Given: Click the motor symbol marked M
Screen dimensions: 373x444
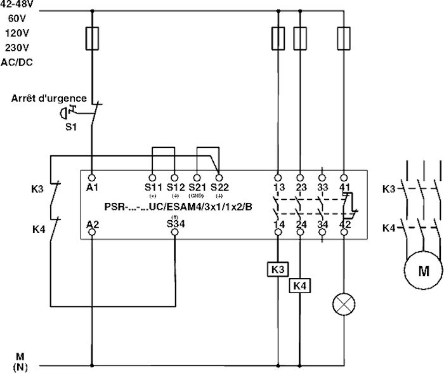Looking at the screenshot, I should click(x=422, y=289).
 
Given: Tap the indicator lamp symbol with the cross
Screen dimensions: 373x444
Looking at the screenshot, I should click(x=344, y=305).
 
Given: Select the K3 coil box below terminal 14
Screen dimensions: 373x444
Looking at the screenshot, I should click(x=277, y=269).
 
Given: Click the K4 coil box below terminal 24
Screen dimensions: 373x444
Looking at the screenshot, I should click(x=299, y=286).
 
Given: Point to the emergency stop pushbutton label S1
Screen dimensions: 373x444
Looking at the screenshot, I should click(x=72, y=126).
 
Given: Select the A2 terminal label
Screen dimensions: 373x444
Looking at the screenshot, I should click(x=93, y=223).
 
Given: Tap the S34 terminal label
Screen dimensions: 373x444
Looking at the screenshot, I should click(x=176, y=223).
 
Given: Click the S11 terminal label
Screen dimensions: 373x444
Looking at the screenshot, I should click(x=153, y=186).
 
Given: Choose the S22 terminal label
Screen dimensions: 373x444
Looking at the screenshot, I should click(x=219, y=186).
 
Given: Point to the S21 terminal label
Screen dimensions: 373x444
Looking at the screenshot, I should click(x=197, y=186).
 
